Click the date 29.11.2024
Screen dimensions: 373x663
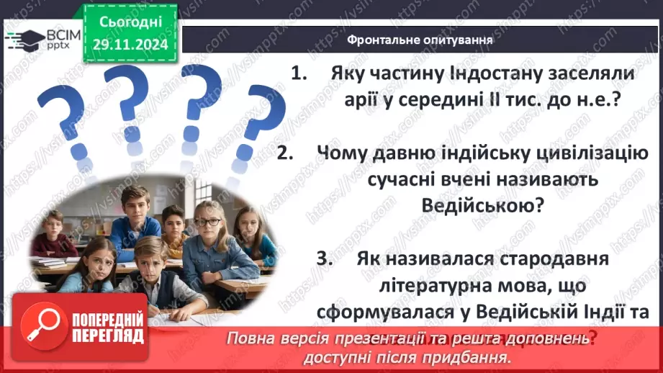pyautogui.click(x=130, y=43)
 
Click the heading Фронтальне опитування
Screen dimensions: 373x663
pyautogui.click(x=420, y=40)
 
